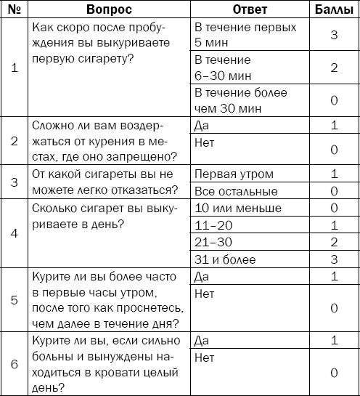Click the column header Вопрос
109,9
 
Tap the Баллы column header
335,9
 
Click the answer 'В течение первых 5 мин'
245,34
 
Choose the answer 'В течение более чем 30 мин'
240,100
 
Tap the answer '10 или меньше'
232,209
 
